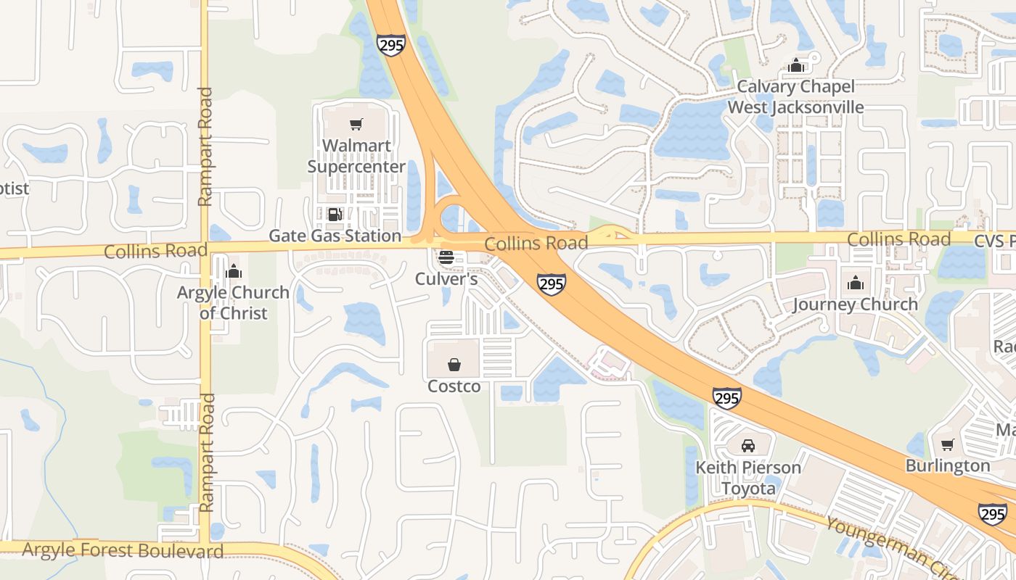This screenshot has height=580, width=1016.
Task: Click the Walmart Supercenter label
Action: click(x=356, y=156)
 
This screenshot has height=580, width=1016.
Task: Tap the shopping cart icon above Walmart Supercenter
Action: click(x=356, y=125)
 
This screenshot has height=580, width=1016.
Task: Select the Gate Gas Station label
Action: click(x=335, y=236)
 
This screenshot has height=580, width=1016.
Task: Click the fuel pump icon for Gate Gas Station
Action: click(x=335, y=215)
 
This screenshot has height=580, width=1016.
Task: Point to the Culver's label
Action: click(x=446, y=278)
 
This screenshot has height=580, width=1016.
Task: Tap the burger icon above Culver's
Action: click(x=446, y=257)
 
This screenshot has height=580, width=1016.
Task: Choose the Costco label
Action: click(x=454, y=386)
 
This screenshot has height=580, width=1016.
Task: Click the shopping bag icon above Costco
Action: click(x=454, y=364)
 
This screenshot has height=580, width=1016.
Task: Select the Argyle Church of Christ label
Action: click(x=234, y=303)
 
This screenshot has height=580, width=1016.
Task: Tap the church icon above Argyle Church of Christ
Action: click(x=234, y=272)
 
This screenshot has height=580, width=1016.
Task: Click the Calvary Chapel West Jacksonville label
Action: click(x=795, y=97)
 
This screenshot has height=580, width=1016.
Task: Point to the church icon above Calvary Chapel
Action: click(x=796, y=66)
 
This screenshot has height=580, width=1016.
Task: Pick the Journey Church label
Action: click(x=855, y=304)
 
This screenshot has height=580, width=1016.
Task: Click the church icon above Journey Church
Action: click(x=856, y=283)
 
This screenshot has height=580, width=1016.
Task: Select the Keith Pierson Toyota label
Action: click(x=748, y=478)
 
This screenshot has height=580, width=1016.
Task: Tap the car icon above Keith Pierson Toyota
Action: click(x=748, y=445)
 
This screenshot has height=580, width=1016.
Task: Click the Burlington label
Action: click(x=947, y=465)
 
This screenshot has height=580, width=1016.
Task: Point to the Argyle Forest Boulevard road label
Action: click(x=123, y=550)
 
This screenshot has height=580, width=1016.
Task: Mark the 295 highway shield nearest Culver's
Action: click(x=552, y=284)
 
